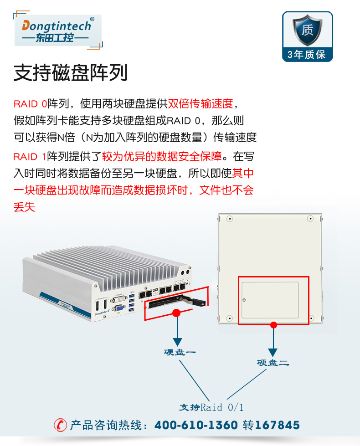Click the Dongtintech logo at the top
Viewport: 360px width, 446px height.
[58, 31]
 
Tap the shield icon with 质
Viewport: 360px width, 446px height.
[307, 30]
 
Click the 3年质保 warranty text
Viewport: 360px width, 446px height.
[307, 54]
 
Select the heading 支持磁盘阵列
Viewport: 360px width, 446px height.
[71, 73]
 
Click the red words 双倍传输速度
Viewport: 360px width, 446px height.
[201, 103]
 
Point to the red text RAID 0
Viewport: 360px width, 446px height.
[30, 104]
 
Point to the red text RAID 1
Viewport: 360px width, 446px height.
[30, 157]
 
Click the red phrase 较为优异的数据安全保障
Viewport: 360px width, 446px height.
[162, 156]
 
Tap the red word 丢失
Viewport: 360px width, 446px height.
[24, 207]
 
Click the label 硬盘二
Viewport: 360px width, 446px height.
[273, 363]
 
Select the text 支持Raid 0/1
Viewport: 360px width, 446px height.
[211, 408]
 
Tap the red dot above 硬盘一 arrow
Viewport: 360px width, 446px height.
[176, 313]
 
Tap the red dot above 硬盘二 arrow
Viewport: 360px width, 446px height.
[273, 325]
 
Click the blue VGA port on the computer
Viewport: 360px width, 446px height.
[118, 308]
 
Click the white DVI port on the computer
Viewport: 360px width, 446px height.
[118, 299]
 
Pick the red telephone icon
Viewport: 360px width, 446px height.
[60, 425]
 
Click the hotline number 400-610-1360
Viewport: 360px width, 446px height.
[196, 425]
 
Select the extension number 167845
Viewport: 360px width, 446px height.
[278, 425]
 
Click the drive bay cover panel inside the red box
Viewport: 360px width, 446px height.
[270, 300]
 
